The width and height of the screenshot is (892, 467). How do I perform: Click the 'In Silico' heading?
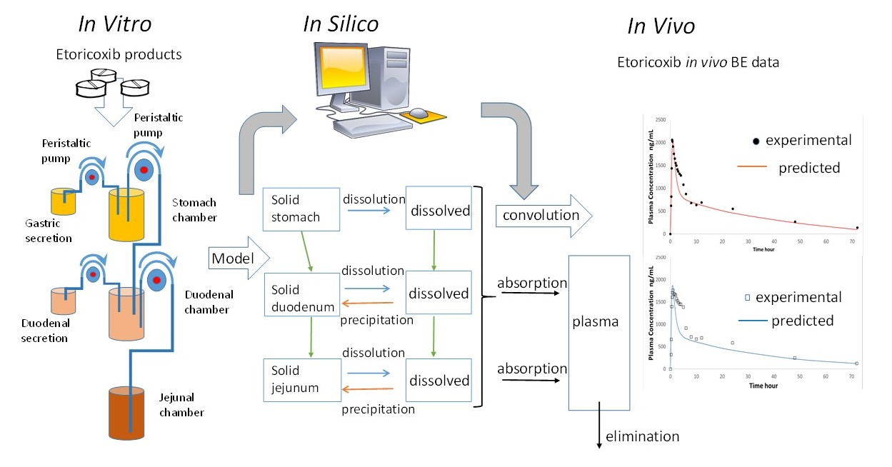click(x=341, y=24)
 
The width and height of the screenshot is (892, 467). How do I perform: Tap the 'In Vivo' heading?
click(x=661, y=26)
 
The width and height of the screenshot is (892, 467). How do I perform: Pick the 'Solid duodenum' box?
click(x=299, y=298)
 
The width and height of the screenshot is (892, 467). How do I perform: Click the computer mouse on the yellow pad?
click(x=421, y=113)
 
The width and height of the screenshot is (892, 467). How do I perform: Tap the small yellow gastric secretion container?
click(x=63, y=201)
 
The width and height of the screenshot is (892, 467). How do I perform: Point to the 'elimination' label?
click(x=642, y=436)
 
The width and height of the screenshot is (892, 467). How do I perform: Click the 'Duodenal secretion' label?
click(x=44, y=331)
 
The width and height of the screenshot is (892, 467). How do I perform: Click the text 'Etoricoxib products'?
click(x=117, y=54)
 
